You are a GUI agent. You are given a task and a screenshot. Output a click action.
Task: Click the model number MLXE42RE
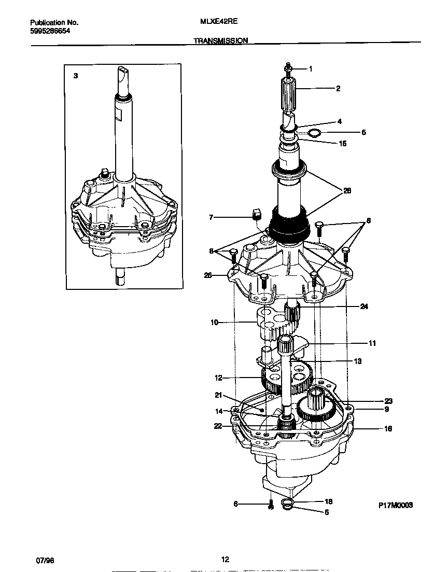click(215, 22)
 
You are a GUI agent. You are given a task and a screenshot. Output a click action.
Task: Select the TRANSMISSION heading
click(221, 40)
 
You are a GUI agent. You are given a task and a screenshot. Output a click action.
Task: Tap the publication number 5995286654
click(50, 31)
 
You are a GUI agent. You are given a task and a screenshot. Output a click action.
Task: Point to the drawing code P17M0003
click(395, 505)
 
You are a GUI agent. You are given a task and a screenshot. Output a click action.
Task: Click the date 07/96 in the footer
click(45, 560)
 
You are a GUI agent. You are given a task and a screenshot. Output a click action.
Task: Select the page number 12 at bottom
click(225, 559)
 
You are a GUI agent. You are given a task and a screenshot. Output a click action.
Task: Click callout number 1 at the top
click(311, 68)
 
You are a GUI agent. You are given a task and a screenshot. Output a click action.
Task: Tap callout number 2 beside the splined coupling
click(338, 89)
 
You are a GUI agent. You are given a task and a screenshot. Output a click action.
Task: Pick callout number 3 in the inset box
click(76, 76)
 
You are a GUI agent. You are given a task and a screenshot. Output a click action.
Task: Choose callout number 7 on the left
click(211, 217)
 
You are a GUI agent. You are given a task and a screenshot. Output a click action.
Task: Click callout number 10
click(214, 323)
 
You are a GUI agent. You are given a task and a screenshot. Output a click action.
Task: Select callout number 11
click(372, 343)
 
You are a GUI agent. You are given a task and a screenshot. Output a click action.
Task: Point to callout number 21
click(218, 395)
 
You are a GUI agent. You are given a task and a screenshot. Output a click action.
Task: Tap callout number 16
click(388, 429)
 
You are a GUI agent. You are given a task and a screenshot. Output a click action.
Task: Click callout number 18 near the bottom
click(328, 501)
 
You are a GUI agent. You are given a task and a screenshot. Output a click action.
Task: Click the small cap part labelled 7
click(255, 214)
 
